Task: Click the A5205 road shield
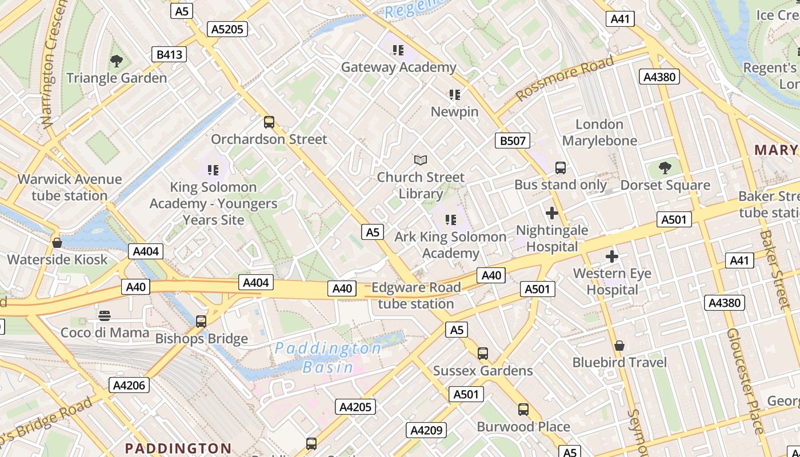click(x=227, y=29)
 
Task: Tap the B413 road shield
click(x=169, y=54)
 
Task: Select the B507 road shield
click(x=512, y=141)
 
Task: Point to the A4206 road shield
click(x=129, y=385)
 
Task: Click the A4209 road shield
click(x=426, y=430)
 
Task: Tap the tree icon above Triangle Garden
click(x=117, y=61)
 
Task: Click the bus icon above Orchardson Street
click(x=269, y=122)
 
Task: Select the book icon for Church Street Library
click(x=421, y=160)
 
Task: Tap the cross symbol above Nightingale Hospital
click(x=552, y=213)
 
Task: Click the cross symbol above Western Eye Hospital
click(x=612, y=256)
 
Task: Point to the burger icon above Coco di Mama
click(x=104, y=315)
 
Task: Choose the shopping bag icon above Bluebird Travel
click(x=619, y=346)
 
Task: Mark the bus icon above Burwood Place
click(x=523, y=410)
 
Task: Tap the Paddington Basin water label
click(x=328, y=358)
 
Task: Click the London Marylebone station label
click(x=599, y=133)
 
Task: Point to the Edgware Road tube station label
click(x=416, y=295)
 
